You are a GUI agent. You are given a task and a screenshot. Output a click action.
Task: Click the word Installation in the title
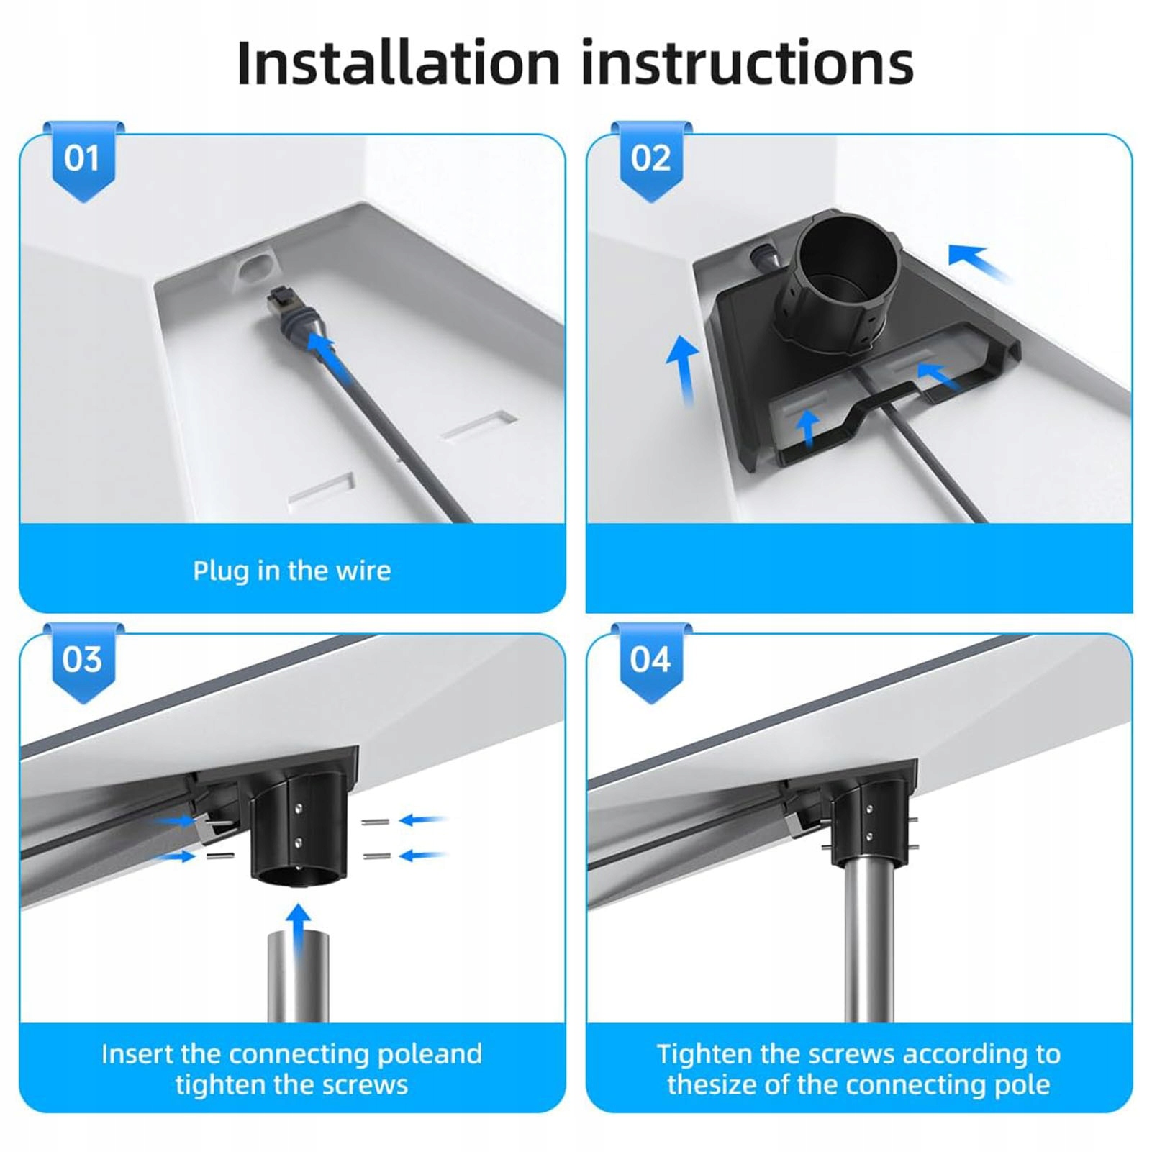(398, 63)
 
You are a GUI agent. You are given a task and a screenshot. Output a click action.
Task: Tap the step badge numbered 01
(83, 161)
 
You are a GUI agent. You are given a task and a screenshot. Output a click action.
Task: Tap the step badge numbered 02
(651, 161)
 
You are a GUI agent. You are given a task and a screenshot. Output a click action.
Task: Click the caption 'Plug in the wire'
(291, 571)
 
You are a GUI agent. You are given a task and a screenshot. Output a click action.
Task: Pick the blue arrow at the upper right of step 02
(979, 263)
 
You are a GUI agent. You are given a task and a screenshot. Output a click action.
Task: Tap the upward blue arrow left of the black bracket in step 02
(682, 371)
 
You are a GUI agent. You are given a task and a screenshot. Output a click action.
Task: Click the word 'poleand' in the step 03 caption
(430, 1054)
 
